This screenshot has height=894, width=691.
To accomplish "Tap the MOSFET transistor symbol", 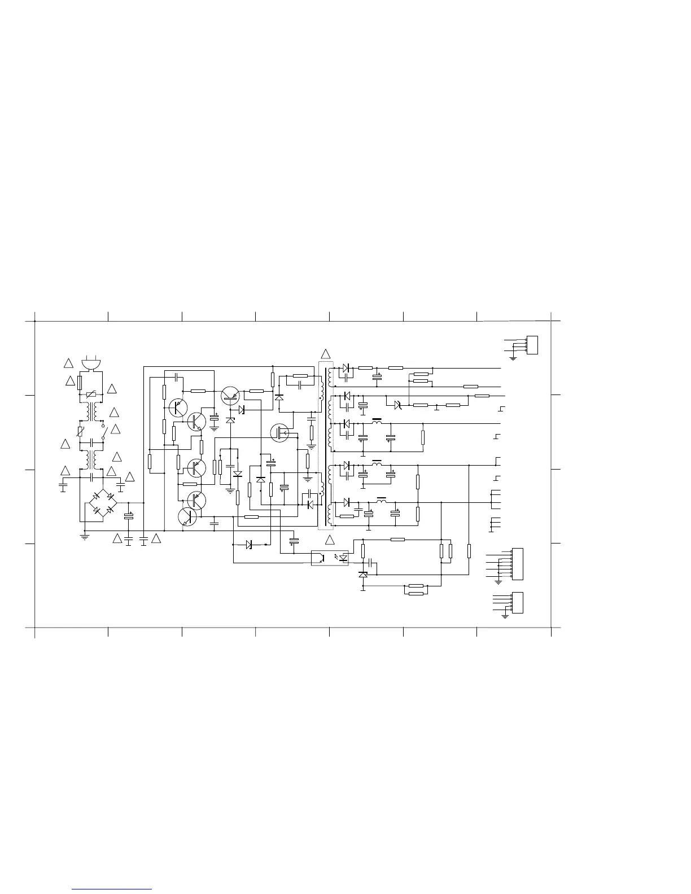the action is [x=281, y=433].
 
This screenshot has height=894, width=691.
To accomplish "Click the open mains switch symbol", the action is [x=103, y=434].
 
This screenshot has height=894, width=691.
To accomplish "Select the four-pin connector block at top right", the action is [x=531, y=345].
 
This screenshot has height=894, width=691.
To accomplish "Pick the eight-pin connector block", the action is [x=516, y=564].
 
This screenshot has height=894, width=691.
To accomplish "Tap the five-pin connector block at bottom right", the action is [x=516, y=603].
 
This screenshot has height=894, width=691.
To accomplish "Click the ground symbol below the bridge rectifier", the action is [x=85, y=536].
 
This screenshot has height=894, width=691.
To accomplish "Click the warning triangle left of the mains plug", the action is [x=68, y=363].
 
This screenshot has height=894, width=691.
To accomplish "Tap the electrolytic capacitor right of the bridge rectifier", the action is [x=129, y=516].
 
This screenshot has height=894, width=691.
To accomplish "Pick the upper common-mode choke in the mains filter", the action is [x=91, y=412].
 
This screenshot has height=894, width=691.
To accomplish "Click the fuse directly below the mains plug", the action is [x=79, y=384].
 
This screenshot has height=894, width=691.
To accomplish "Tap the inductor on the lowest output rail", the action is [x=382, y=501].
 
